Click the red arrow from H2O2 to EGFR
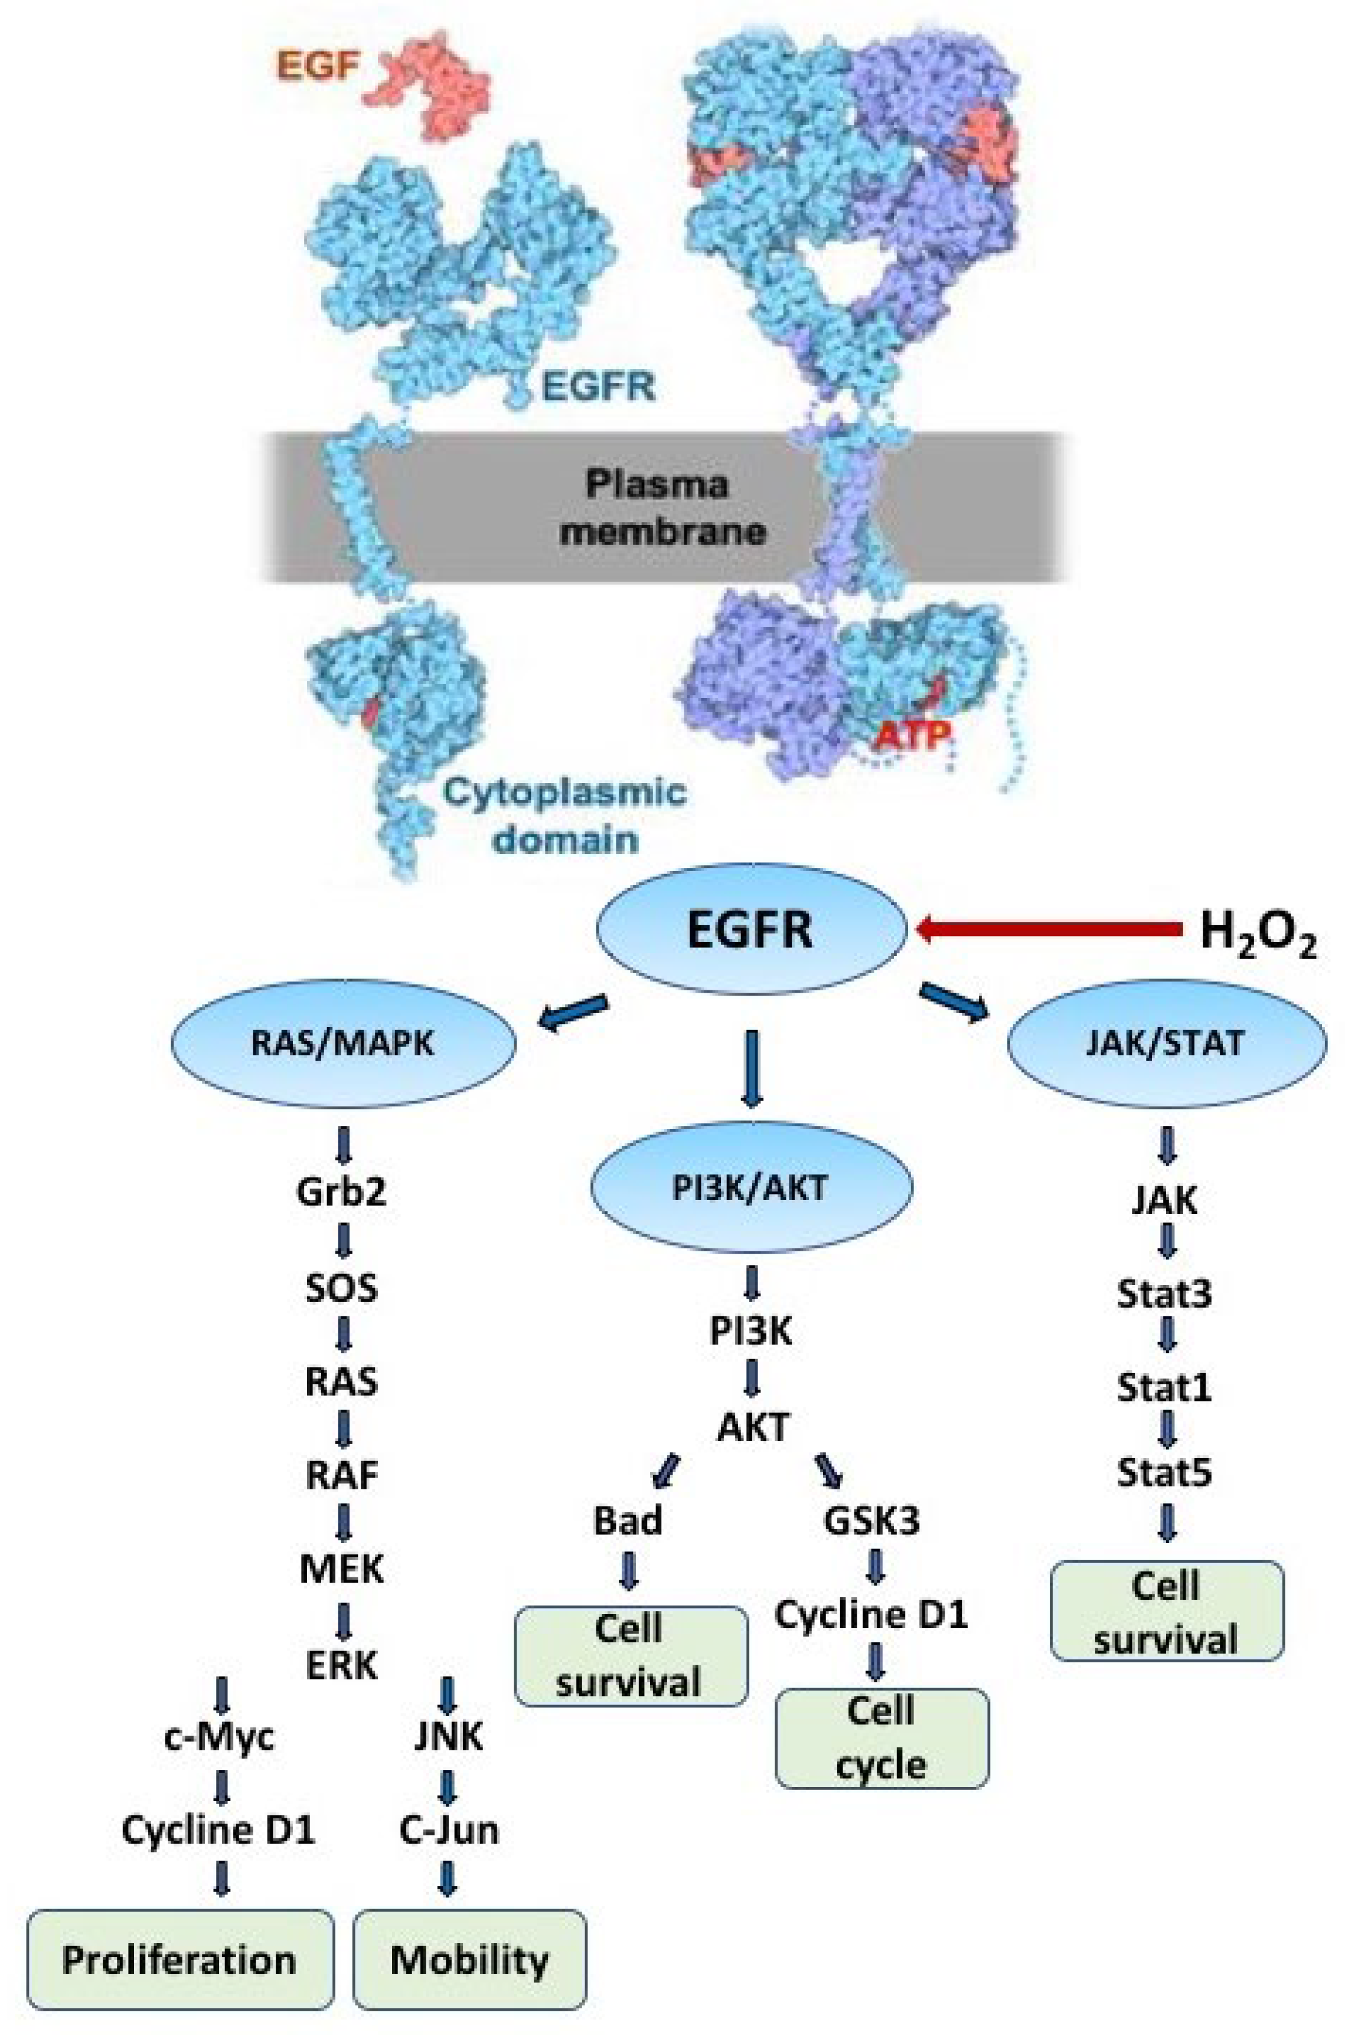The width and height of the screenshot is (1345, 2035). click(1046, 928)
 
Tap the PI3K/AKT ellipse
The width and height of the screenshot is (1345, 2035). click(752, 1188)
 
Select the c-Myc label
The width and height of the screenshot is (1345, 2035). click(220, 1736)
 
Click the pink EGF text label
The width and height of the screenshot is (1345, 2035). click(318, 65)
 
